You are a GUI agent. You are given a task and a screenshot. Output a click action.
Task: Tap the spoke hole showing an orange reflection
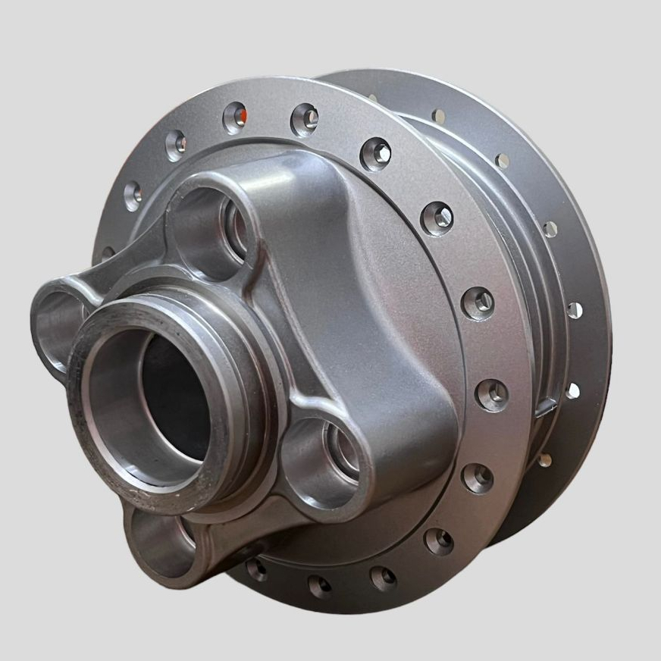236,116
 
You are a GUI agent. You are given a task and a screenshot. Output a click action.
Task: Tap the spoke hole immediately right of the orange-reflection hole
305,118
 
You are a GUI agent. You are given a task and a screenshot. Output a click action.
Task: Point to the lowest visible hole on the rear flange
544,459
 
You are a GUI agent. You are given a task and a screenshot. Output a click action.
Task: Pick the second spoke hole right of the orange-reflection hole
376,154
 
